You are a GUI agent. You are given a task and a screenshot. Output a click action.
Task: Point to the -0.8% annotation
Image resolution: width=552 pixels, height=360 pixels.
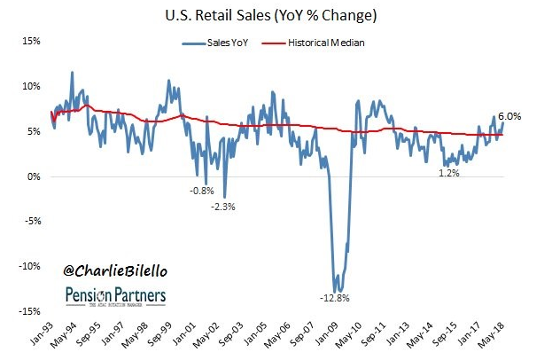200,190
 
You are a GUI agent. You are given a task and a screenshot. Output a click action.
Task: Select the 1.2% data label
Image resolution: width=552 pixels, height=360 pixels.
449,173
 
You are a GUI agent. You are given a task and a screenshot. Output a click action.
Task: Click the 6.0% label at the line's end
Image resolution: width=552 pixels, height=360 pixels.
509,115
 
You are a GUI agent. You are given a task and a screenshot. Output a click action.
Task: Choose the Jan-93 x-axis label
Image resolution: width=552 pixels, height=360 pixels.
43,335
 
